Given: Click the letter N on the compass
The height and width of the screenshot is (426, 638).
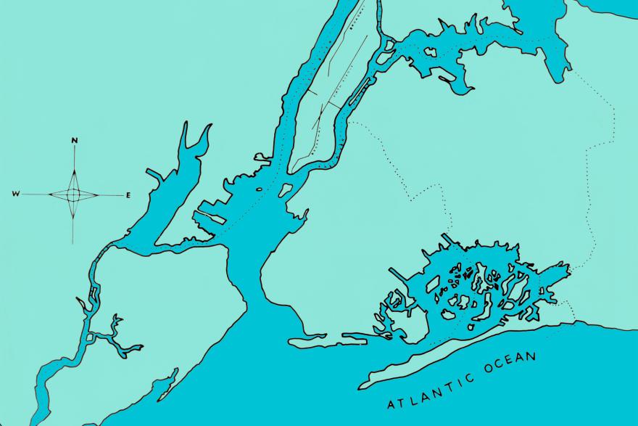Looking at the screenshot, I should point(75,140).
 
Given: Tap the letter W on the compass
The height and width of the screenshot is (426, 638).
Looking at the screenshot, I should point(15,194).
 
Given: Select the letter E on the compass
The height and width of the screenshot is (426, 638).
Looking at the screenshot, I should point(128,195).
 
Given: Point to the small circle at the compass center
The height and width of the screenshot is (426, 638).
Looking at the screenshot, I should point(74,194).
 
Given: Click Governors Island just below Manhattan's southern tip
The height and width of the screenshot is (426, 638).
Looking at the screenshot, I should point(285,191).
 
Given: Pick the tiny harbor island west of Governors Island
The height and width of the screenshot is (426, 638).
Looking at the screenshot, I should point(260,190).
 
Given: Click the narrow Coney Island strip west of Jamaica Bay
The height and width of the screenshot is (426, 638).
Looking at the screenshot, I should point(312,340).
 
